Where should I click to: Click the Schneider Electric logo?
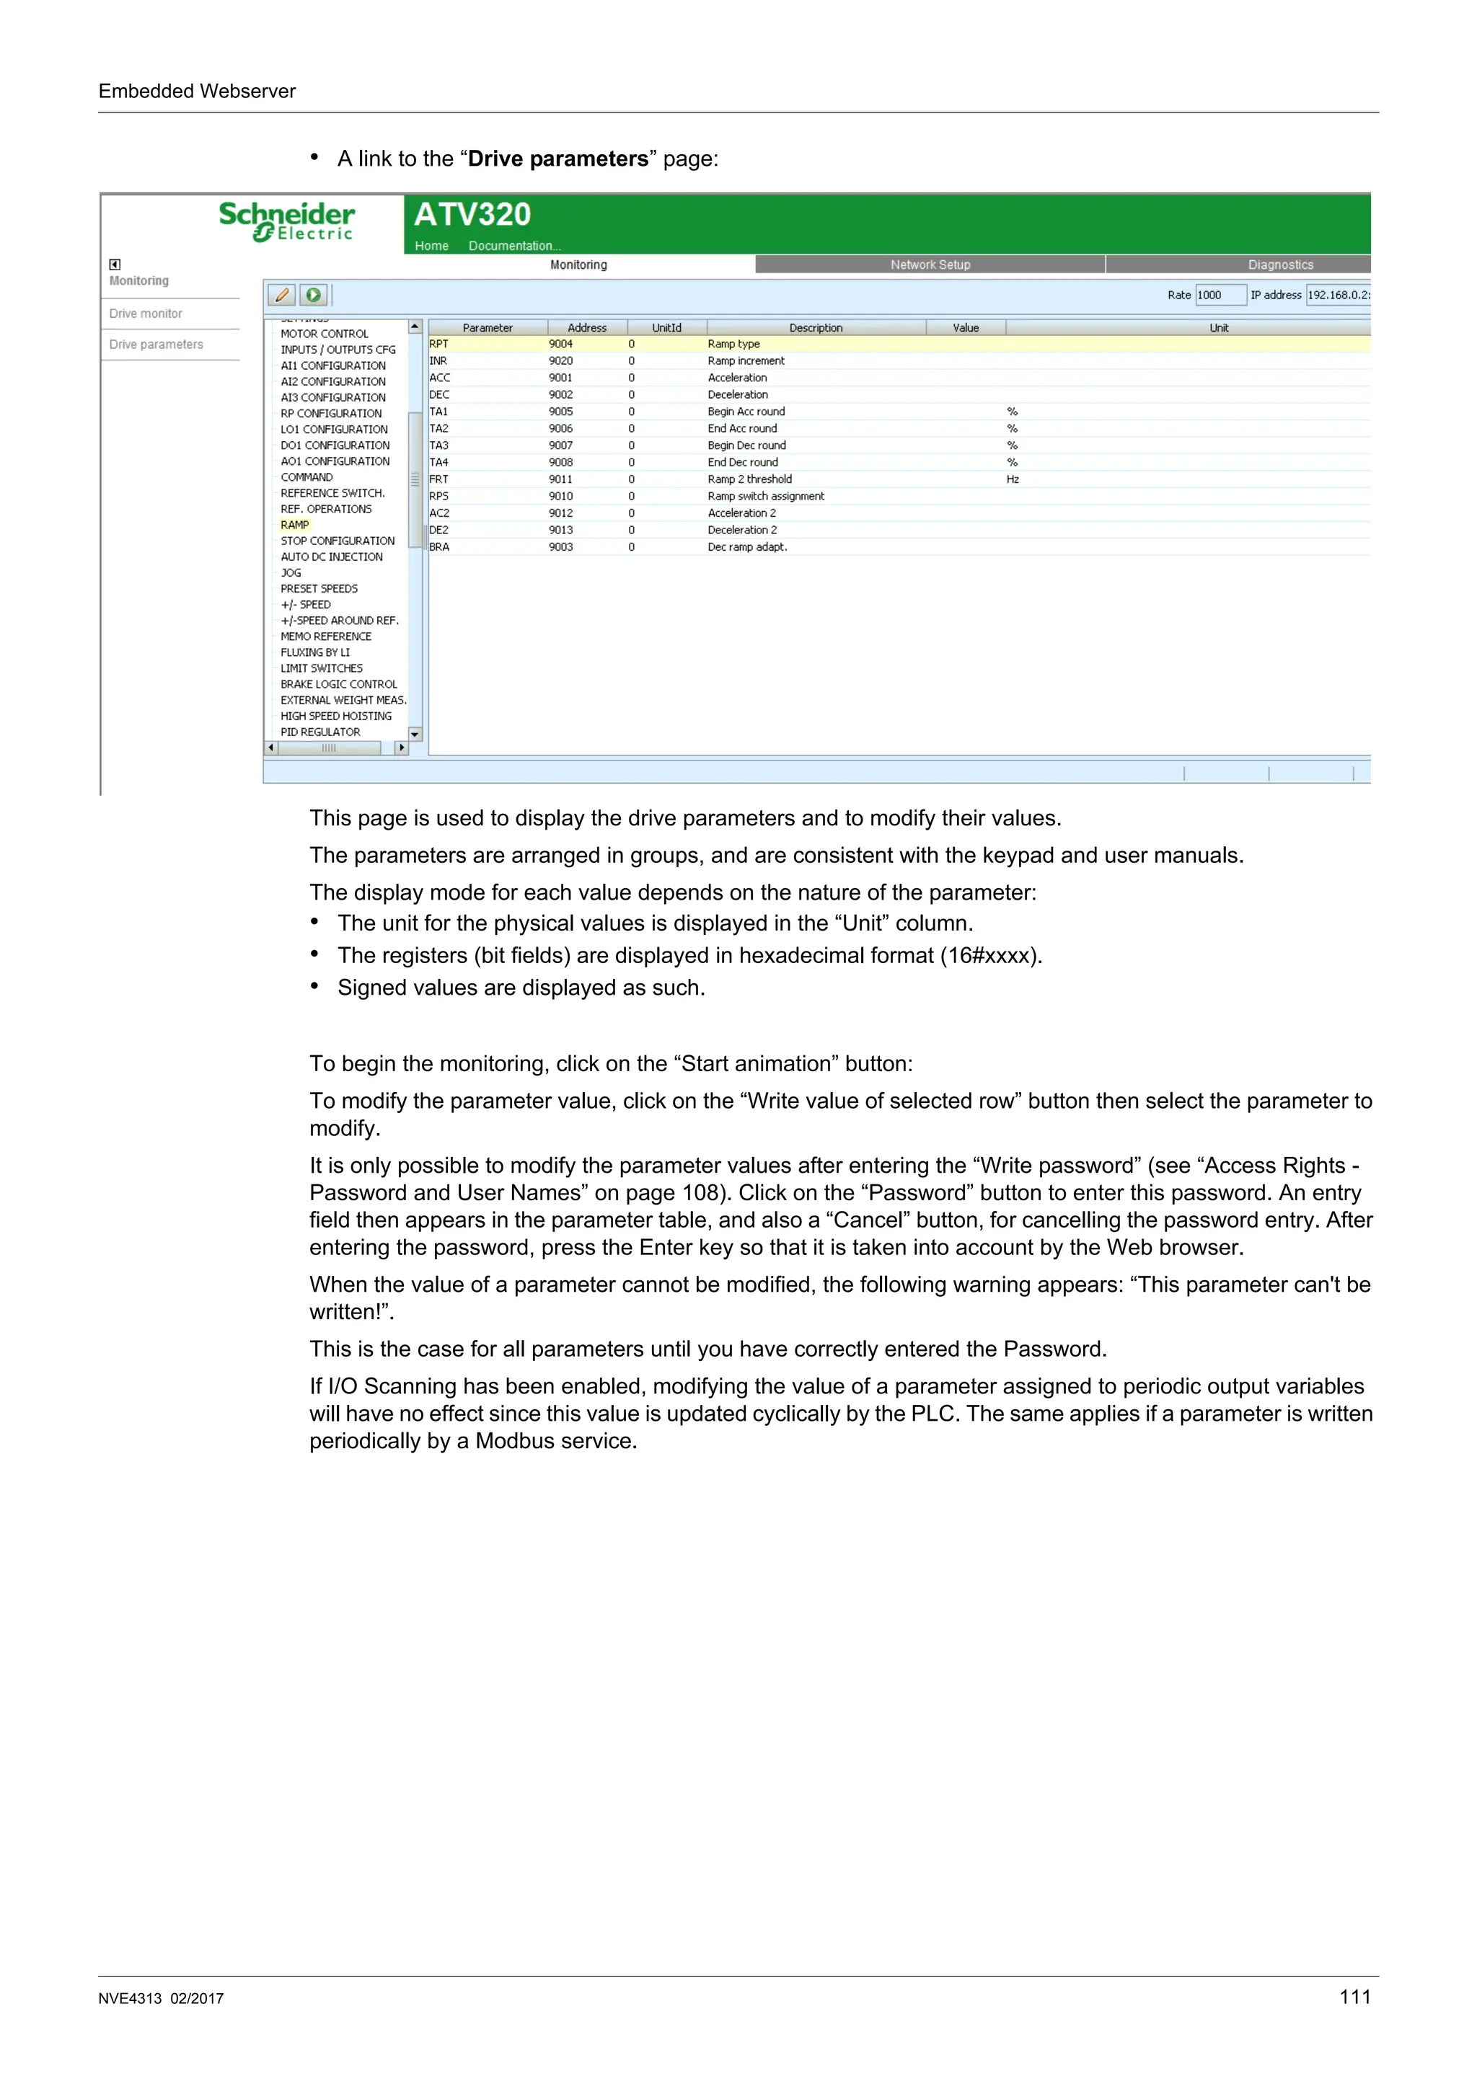[286, 221]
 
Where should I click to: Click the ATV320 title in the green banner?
[472, 215]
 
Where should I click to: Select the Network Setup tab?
[930, 265]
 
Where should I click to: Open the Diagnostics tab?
[1279, 265]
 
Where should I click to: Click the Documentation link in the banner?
[514, 246]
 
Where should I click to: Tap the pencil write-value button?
[282, 295]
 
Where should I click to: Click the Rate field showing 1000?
[1219, 295]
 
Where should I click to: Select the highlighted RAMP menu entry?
[295, 525]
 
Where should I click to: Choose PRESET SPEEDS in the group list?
[319, 589]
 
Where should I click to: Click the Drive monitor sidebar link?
[146, 314]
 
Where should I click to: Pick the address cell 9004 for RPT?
[560, 344]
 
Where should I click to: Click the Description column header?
[816, 327]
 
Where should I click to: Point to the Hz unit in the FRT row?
[1012, 479]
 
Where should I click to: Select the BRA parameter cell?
[439, 547]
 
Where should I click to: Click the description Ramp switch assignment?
[765, 496]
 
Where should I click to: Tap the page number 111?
[1354, 1996]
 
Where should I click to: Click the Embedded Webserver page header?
[197, 91]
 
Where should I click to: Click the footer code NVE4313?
[130, 1999]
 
